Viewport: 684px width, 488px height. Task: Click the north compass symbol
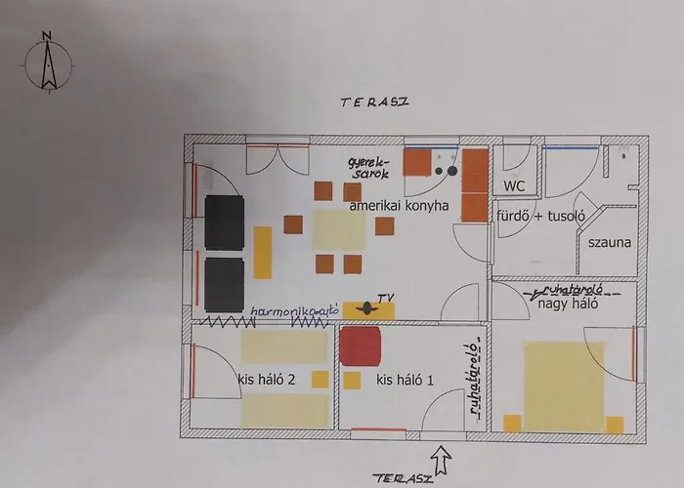[x=48, y=63]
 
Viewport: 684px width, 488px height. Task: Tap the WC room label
[x=514, y=186]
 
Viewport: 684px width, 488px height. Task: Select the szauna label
[x=610, y=242]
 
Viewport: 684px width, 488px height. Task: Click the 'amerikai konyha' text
[x=399, y=205]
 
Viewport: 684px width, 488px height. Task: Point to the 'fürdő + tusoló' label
[x=541, y=216]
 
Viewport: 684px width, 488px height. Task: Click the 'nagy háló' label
[x=568, y=304]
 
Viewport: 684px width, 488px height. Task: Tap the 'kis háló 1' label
[x=405, y=380]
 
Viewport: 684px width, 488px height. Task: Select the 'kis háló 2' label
[x=266, y=380]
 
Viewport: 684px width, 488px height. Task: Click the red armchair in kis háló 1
[x=361, y=346]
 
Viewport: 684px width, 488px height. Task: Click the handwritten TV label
[x=386, y=298]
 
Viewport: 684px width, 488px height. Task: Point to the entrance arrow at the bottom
[x=441, y=460]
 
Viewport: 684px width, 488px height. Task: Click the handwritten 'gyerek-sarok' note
[x=368, y=168]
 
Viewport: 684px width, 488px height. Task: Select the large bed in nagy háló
[x=564, y=386]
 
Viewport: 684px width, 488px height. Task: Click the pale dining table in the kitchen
[x=339, y=230]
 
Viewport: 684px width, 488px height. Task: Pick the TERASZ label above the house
[x=374, y=102]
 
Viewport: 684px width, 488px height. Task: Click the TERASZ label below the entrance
[x=403, y=479]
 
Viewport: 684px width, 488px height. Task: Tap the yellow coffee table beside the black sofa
[x=263, y=253]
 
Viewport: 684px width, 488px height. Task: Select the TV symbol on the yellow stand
[x=367, y=308]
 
